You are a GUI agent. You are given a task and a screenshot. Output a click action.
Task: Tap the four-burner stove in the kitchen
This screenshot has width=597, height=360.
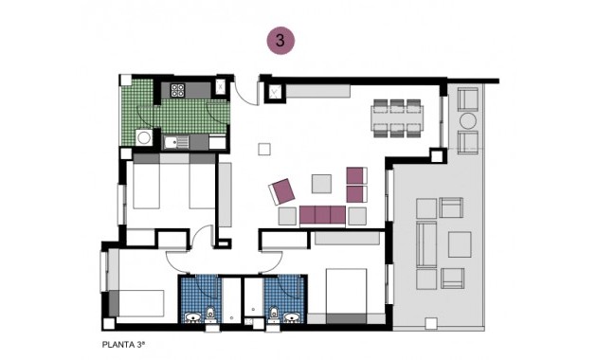[177, 91]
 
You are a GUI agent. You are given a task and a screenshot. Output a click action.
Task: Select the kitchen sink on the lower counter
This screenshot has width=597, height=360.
[173, 143]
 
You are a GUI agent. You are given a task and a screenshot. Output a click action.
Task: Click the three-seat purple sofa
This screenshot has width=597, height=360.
[322, 216]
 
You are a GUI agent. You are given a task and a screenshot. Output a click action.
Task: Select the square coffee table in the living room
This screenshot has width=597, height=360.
[321, 183]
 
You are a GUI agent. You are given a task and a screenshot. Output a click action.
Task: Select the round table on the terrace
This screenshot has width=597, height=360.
[468, 121]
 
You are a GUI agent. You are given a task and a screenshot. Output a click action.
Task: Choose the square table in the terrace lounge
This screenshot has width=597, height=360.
[460, 244]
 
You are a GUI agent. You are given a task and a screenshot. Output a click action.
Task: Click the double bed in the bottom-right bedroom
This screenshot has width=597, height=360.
[346, 297]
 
